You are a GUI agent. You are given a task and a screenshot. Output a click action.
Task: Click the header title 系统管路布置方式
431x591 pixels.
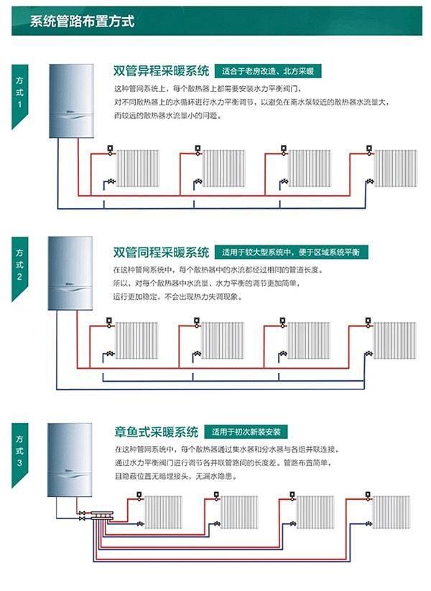(x=83, y=21)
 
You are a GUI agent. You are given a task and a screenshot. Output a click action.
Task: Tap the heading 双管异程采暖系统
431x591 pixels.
(x=161, y=71)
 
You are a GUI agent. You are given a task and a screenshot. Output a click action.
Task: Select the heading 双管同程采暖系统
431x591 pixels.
(x=161, y=252)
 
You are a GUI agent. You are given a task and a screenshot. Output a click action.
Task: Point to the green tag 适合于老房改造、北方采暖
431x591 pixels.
(x=269, y=71)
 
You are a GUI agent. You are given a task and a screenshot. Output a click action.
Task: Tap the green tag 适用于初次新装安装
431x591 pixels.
(x=246, y=432)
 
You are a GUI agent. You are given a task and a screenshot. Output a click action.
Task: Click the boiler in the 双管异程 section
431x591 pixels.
(x=70, y=100)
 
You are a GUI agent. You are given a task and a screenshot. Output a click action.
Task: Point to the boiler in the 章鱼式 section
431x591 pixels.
(x=70, y=460)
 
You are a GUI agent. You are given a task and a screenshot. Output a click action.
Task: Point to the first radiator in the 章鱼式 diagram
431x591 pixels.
(x=163, y=512)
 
